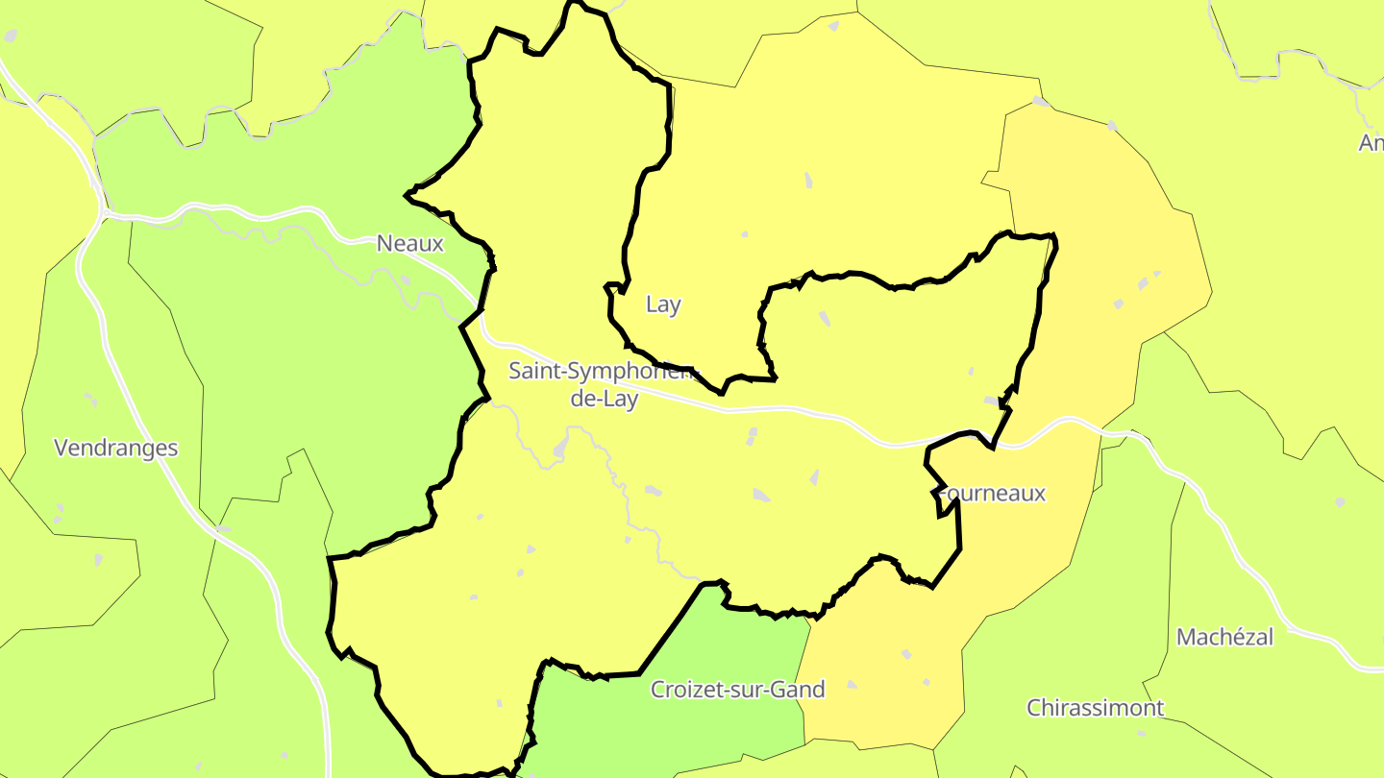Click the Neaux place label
tap(410, 243)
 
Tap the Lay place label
tap(663, 304)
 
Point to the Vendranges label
tap(116, 448)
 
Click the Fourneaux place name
tap(992, 494)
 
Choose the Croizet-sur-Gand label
tap(737, 689)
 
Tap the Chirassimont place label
tap(1095, 708)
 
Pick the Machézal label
tap(1224, 637)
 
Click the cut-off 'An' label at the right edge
tap(1372, 143)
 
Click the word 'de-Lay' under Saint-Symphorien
tap(604, 399)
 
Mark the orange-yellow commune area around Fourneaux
tap(1105, 240)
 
